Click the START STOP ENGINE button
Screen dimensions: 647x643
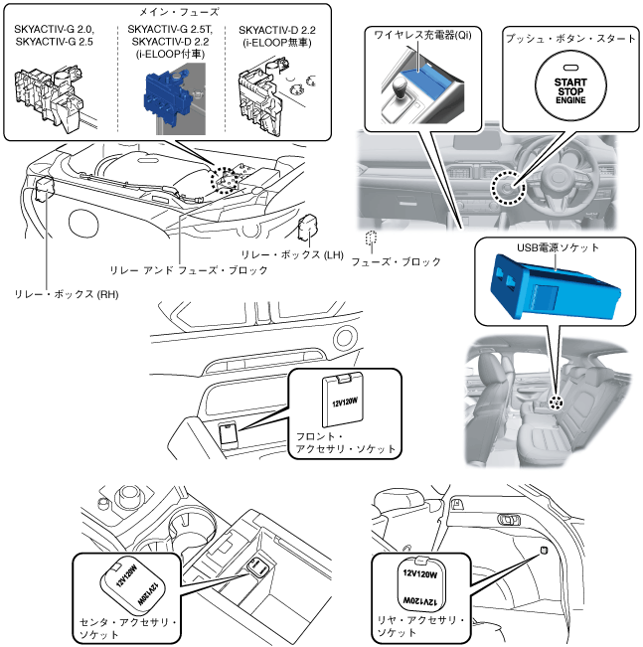tap(570, 86)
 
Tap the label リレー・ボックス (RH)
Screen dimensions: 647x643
tap(66, 294)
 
